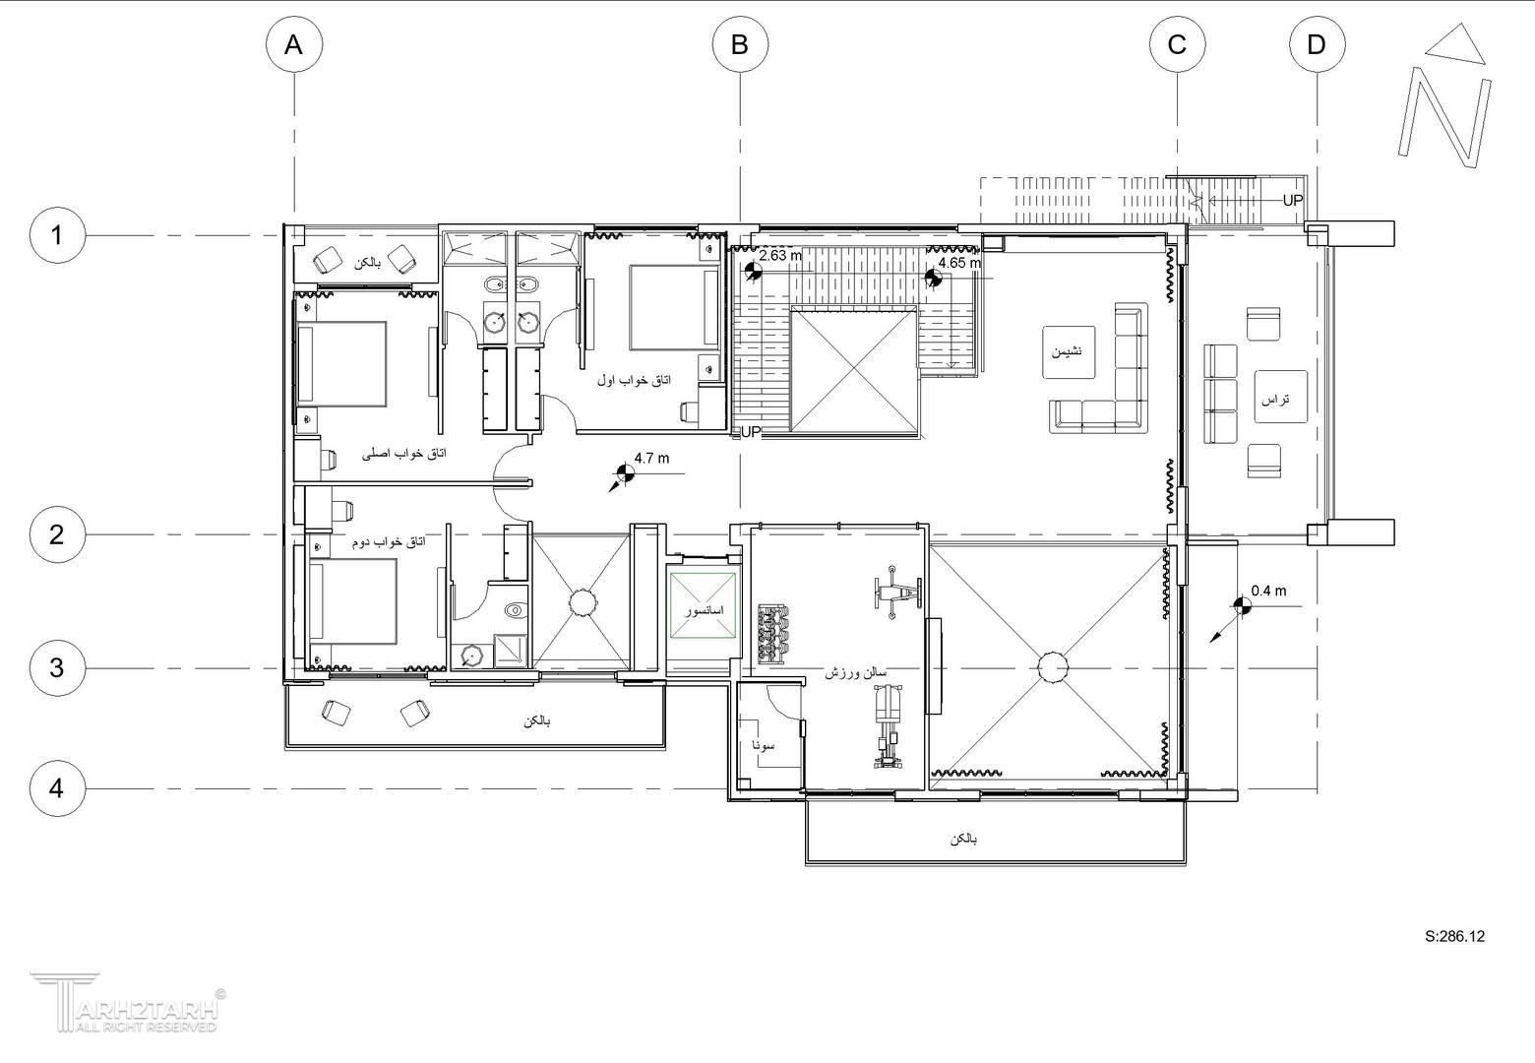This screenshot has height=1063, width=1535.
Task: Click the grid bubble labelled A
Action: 294,44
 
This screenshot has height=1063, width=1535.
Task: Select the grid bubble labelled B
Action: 740,44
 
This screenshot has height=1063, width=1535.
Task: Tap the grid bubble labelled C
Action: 1177,44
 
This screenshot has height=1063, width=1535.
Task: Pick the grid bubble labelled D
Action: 1318,44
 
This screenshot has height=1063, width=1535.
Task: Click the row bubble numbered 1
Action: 57,235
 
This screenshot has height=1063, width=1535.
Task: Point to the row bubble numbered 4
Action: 57,788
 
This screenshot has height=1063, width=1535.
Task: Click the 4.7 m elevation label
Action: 651,458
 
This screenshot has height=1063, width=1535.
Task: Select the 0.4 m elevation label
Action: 1268,591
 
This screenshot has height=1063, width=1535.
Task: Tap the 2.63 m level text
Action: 780,255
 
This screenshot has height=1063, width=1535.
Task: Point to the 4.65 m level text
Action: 959,262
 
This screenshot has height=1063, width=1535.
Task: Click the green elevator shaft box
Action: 704,606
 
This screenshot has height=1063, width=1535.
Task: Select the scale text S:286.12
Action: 1455,936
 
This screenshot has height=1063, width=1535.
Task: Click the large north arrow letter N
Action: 1444,121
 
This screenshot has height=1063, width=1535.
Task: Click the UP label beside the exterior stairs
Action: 1292,200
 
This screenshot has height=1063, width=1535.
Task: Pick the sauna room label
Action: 763,744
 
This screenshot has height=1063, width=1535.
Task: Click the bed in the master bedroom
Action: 342,364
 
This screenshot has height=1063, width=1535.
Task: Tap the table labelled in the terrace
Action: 1281,396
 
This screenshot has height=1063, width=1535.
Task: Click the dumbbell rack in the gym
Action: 773,632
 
